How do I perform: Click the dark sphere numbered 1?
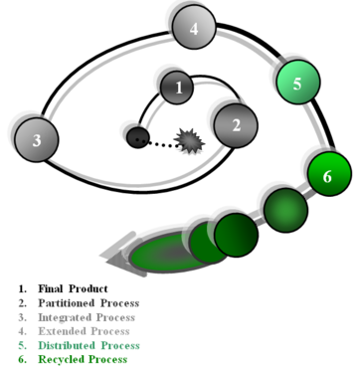(177, 88)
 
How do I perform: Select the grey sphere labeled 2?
(236, 124)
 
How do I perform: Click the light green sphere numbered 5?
(296, 82)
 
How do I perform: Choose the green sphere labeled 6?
(329, 174)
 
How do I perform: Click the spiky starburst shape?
(186, 139)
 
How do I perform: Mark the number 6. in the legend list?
(24, 358)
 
